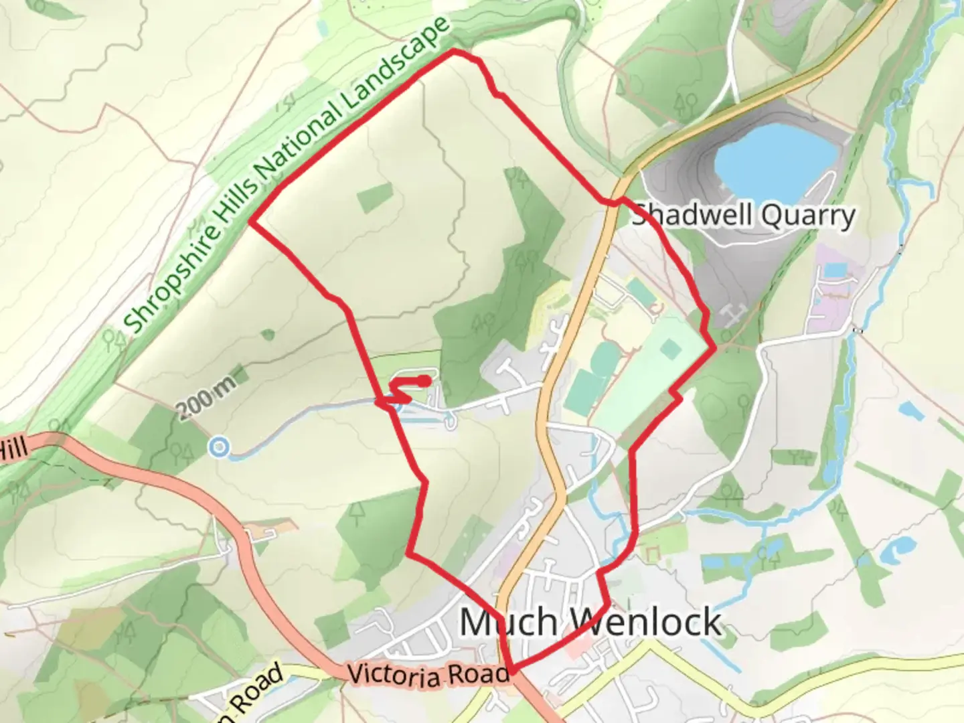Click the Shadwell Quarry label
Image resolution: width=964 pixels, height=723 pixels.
[x=744, y=216]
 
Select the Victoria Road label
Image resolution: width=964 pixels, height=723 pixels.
[x=428, y=675]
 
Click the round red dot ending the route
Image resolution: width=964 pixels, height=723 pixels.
[x=424, y=381]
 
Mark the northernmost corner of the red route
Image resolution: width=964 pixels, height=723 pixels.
[x=454, y=51]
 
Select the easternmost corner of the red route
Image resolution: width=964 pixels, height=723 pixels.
[x=714, y=347]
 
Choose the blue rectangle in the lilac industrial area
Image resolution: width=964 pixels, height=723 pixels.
[x=835, y=270]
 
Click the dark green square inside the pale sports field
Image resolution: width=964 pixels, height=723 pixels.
[x=670, y=347]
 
